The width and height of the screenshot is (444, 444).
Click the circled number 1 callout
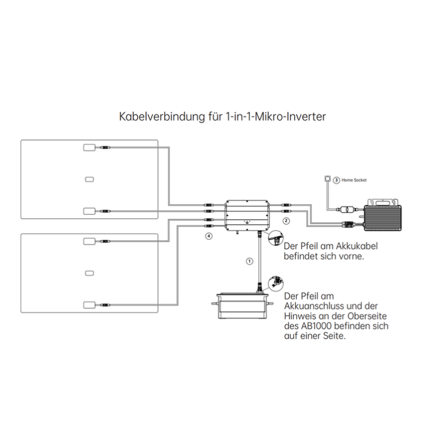tap(249, 261)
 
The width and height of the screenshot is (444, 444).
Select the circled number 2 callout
tap(286, 220)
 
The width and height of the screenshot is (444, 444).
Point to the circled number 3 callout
tap(336, 180)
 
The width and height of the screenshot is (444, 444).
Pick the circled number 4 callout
tap(209, 236)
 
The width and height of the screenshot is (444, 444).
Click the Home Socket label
tap(354, 180)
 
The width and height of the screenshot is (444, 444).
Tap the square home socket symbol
tap(327, 179)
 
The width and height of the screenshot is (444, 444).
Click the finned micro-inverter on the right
tap(382, 214)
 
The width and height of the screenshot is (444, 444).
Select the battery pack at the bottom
tap(243, 306)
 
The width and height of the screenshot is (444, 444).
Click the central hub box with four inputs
tap(248, 215)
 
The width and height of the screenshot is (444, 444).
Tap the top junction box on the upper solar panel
tap(89, 148)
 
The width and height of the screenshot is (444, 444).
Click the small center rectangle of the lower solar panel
tap(89, 273)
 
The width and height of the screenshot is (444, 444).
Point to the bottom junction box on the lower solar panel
tap(89, 305)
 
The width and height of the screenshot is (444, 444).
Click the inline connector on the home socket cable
tap(346, 210)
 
